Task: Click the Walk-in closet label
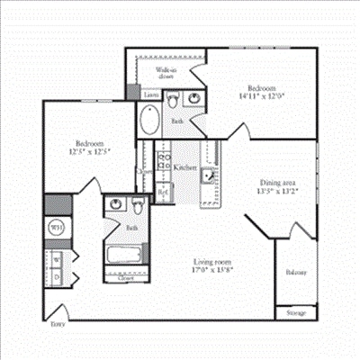[x=165, y=73]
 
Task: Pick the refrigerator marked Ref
[x=163, y=192]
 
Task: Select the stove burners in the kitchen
[x=164, y=163]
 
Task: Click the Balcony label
[x=296, y=273]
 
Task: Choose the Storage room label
[x=296, y=313]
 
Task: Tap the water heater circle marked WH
[x=55, y=227]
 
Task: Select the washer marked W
[x=56, y=259]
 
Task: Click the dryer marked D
[x=56, y=278]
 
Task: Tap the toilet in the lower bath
[x=134, y=204]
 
